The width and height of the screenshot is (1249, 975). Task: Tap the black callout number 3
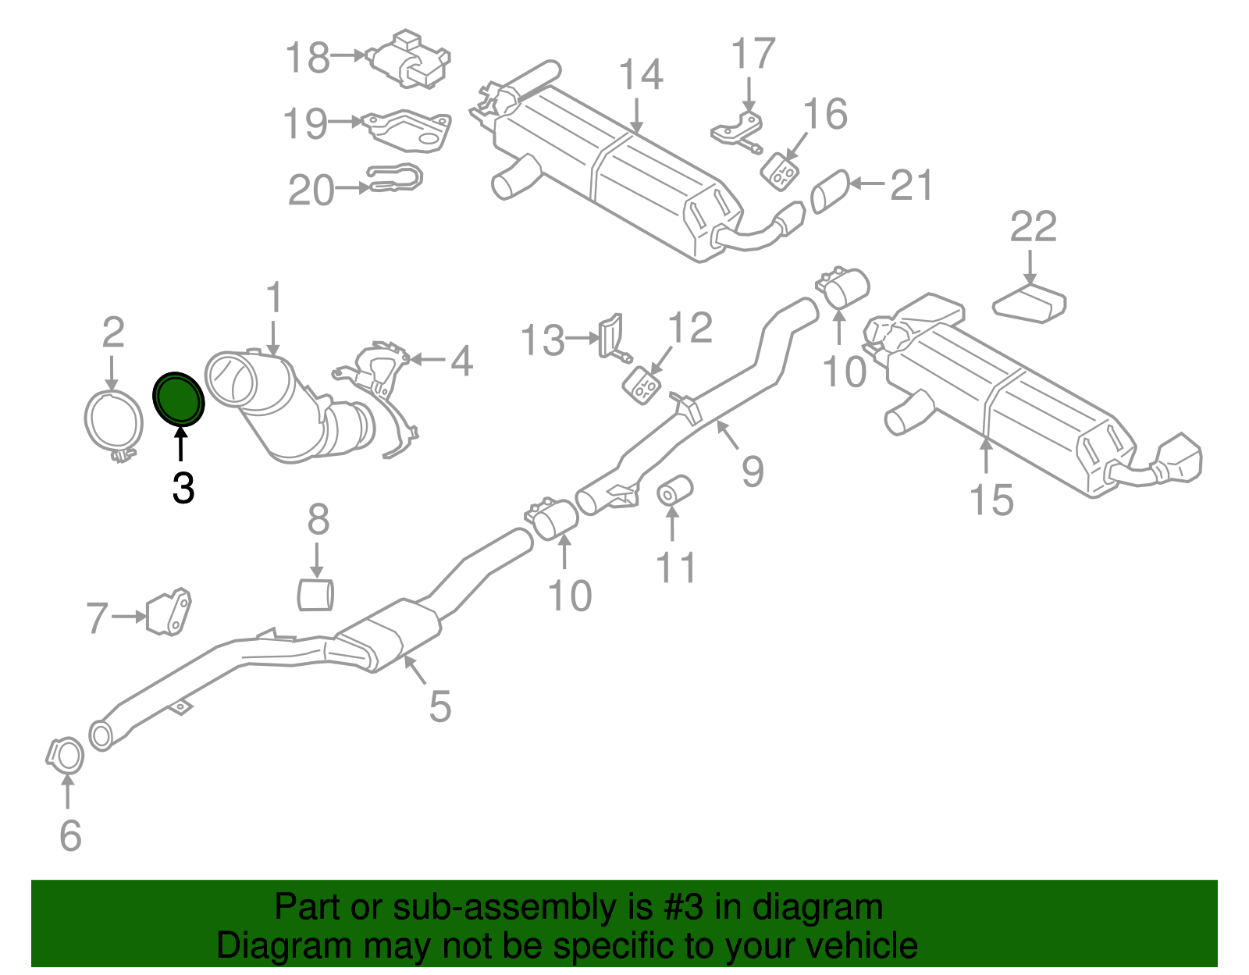(183, 489)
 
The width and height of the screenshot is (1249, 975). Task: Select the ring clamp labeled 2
(112, 424)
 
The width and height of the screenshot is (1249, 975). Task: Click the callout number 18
(307, 59)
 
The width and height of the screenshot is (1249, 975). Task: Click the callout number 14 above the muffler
(641, 76)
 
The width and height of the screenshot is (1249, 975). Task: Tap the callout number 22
(1033, 227)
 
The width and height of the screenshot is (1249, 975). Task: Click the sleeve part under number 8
(315, 594)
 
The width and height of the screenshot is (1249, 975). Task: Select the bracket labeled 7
(169, 612)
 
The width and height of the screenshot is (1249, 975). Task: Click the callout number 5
(440, 706)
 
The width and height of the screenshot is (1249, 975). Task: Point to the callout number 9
(753, 471)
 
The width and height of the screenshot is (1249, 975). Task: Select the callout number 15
(991, 500)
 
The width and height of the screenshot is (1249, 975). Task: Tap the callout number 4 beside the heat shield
(462, 361)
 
